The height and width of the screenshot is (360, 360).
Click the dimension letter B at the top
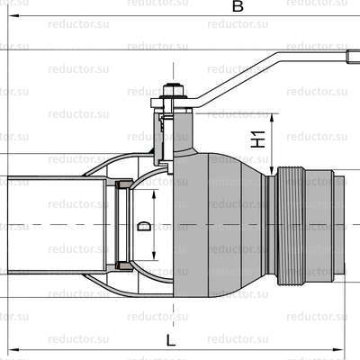coord(238,6)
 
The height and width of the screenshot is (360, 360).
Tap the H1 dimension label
coord(256,139)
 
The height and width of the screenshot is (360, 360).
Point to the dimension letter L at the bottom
coord(171,339)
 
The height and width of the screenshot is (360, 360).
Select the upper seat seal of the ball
coord(124,185)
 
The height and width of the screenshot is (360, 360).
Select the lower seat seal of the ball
coord(124,265)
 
